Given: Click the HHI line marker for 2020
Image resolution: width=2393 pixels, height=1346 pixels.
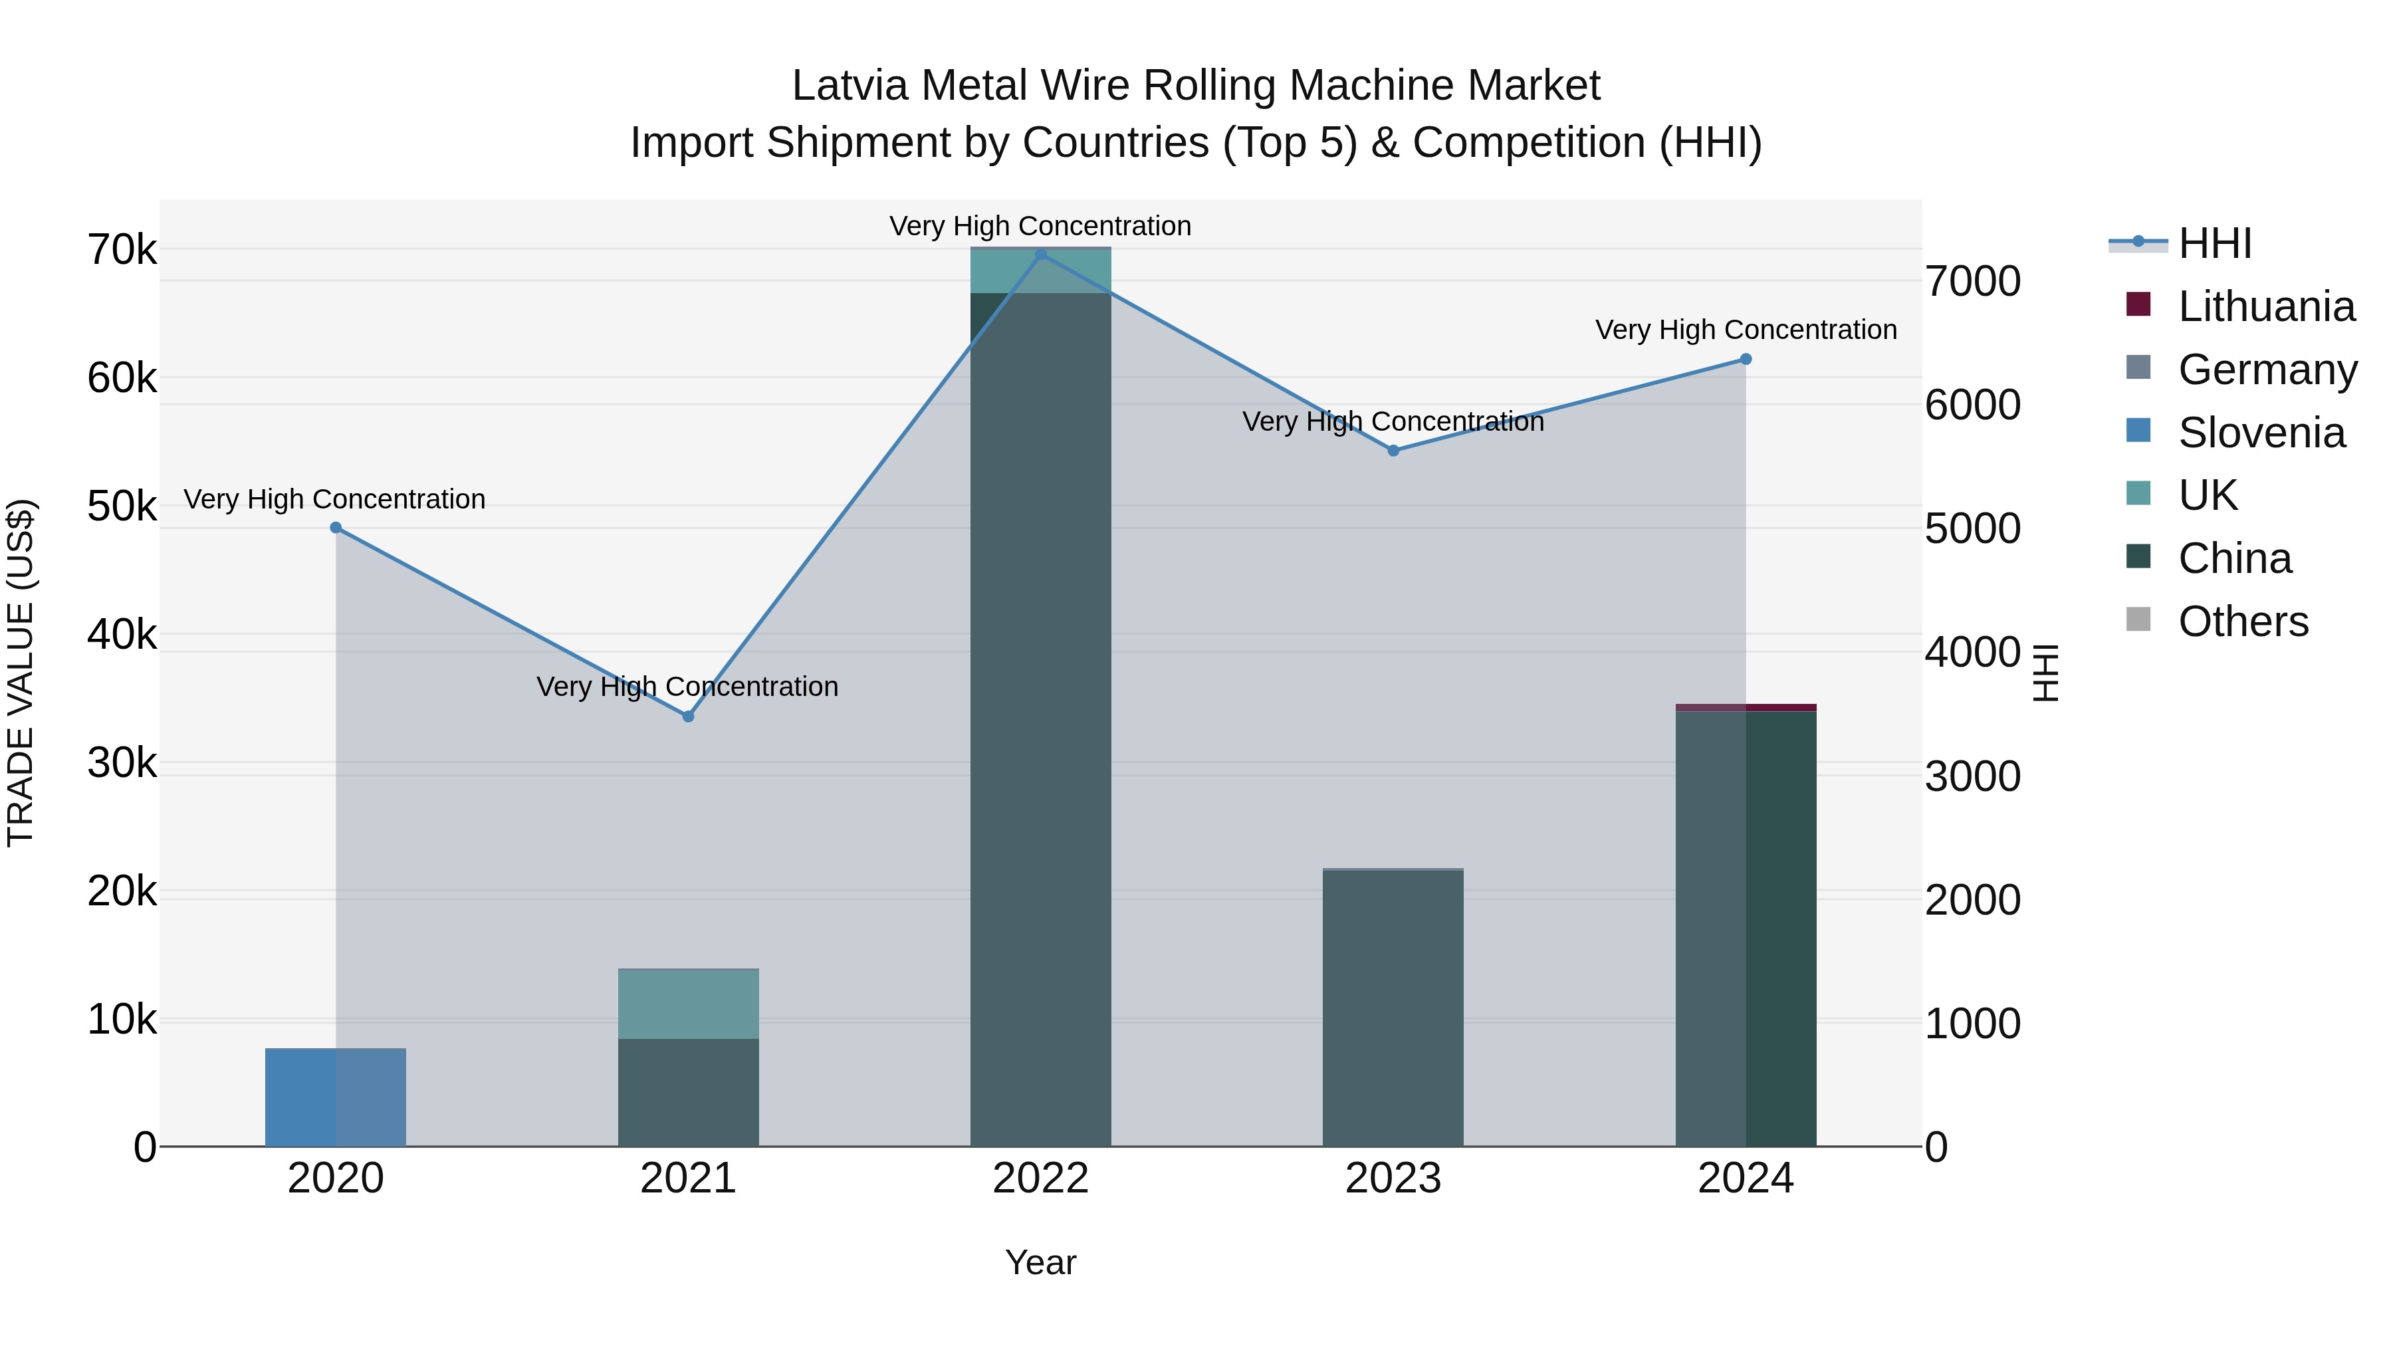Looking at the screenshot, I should (336, 528).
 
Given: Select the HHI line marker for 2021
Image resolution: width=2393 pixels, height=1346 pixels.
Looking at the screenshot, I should (689, 716).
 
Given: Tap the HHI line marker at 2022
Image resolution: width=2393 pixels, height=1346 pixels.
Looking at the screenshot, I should (1040, 254).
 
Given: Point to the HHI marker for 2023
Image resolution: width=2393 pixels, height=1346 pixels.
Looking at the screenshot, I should (1393, 451).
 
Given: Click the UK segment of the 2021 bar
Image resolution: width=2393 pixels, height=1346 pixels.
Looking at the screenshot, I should (689, 1003).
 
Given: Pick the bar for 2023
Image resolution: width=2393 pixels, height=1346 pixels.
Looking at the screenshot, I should (1393, 1008).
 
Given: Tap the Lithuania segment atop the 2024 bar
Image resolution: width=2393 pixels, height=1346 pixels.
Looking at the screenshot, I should (1746, 708).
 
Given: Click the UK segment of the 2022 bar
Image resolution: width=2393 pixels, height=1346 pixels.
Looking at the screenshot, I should (1040, 271).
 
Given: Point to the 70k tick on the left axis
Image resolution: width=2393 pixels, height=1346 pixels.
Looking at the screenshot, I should (122, 250).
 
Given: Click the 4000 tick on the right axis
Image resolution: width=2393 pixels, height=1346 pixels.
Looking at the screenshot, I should (1972, 652).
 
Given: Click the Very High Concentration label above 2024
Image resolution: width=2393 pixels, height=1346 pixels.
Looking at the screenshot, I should (1746, 330).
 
